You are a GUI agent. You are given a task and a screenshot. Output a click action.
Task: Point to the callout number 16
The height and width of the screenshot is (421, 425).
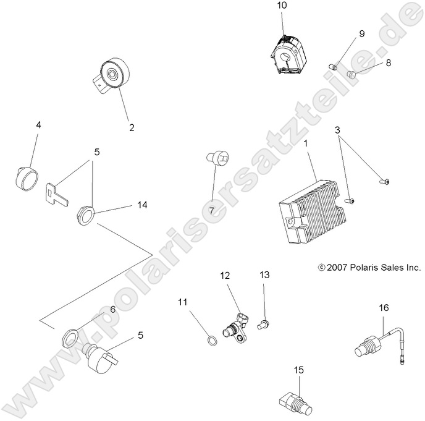coord(384,307)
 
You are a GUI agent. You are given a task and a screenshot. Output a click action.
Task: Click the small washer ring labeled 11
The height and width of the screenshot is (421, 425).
coord(210,339)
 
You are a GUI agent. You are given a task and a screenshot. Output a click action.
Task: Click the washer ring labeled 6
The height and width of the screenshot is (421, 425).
coord(69,338)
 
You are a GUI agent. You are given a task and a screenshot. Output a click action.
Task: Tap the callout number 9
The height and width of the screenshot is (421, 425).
coord(362,33)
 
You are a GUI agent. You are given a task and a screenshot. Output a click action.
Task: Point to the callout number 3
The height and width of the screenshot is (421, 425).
coord(337,130)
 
